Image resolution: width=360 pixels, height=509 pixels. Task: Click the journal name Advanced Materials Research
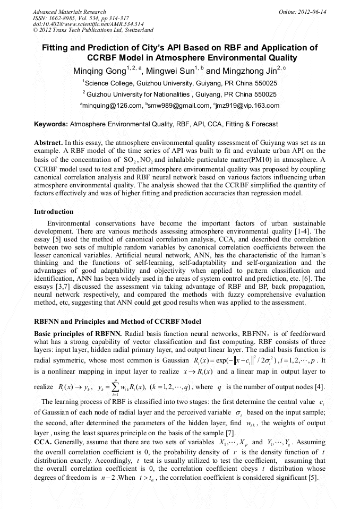[69, 11]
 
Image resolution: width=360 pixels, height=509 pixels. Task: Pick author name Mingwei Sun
[171, 71]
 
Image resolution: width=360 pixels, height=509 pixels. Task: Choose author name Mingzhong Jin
[248, 71]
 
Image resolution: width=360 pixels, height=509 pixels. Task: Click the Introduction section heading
[54, 212]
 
